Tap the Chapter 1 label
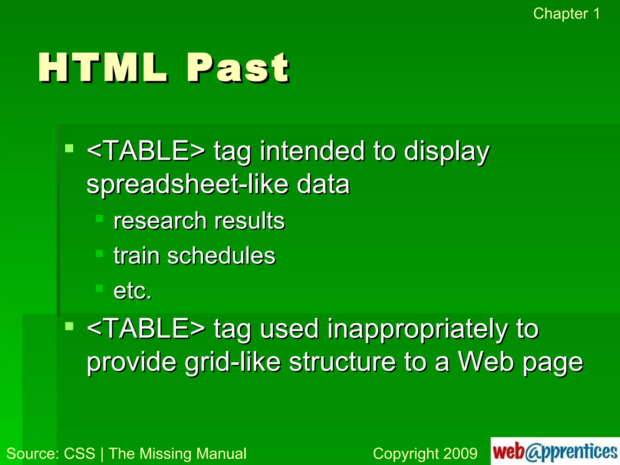pos(566,14)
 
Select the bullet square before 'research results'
pos(99,218)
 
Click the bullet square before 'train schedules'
pos(99,253)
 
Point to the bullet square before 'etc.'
pos(99,288)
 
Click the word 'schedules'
pos(221,256)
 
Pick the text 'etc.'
pos(132,291)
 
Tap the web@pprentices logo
pos(555,451)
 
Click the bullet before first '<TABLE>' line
pos(69,148)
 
